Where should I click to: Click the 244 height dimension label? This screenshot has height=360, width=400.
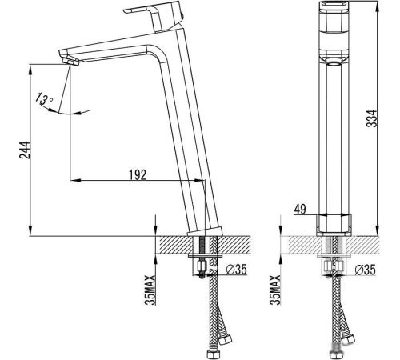pos(25,150)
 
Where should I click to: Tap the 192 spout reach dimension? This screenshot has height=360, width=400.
pos(138,174)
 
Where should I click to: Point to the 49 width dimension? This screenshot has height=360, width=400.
pos(300,209)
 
